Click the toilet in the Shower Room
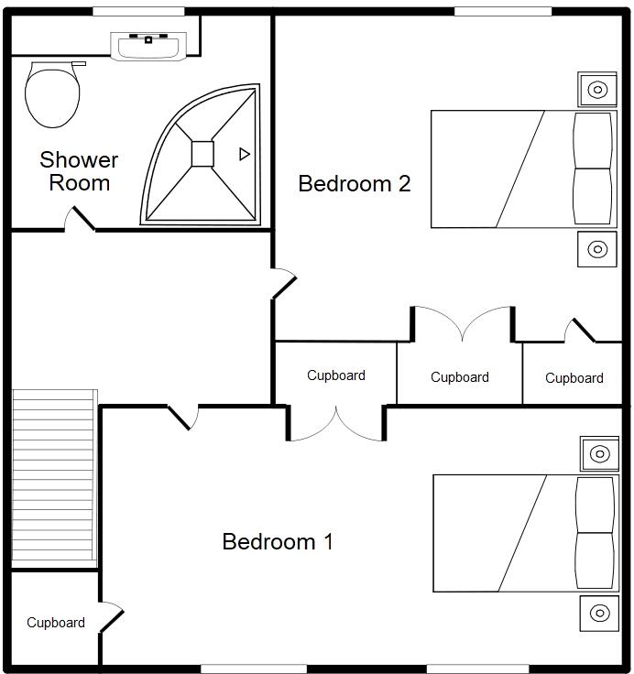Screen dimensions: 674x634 coord(52,94)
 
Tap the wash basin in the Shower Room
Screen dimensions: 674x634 coord(148,47)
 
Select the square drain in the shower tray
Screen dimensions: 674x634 coord(202,154)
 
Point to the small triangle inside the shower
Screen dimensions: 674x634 coord(244,154)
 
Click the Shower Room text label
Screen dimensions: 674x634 coord(79,171)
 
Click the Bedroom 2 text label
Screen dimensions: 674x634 coord(355,184)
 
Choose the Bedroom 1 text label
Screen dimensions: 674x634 coord(278,541)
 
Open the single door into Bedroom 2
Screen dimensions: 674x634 coord(284,284)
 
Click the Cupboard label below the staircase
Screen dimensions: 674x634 coord(56,623)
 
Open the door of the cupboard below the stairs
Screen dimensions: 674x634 coord(112,618)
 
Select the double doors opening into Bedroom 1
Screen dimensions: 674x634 coord(336,424)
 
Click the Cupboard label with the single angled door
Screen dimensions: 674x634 coord(574,377)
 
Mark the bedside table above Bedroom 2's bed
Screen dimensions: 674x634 coord(596,90)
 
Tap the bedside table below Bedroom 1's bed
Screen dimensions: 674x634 coord(599,613)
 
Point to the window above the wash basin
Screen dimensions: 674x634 coord(138,11)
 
